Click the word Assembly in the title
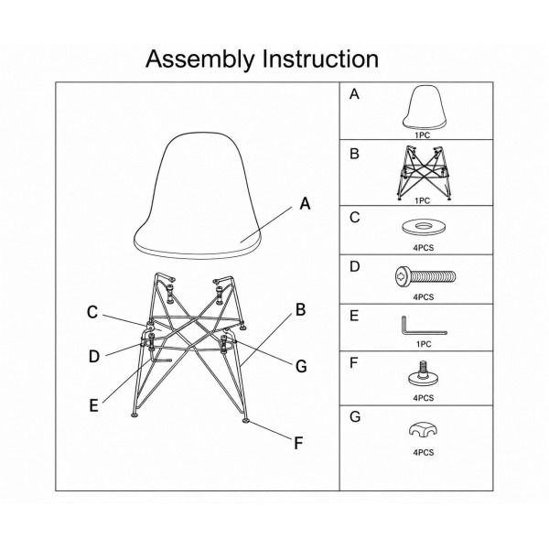[x=199, y=59]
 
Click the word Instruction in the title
[x=321, y=59]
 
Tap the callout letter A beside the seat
[x=305, y=203]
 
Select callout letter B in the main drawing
[x=300, y=310]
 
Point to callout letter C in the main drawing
[x=92, y=312]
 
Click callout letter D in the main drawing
[x=94, y=357]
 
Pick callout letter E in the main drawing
[x=93, y=405]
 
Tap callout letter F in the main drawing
[x=298, y=443]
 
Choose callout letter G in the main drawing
[x=301, y=367]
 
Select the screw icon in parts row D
[x=425, y=275]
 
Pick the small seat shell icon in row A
[x=425, y=107]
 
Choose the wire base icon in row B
[x=424, y=172]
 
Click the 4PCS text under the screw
[x=424, y=296]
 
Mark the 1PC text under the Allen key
[x=424, y=344]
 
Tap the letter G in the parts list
[x=355, y=416]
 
